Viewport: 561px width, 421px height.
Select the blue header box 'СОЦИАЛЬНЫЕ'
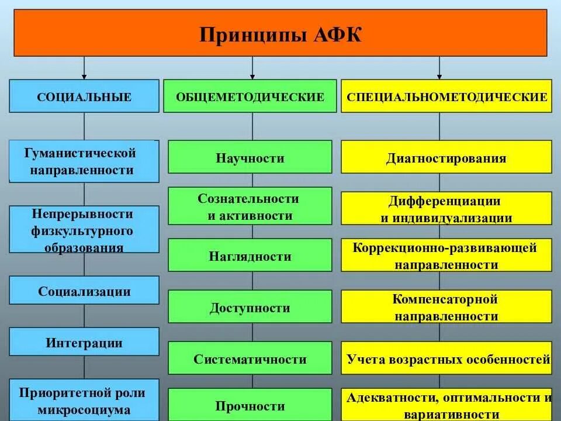(x=84, y=96)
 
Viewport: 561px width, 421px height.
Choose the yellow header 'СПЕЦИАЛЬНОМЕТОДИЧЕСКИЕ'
(x=446, y=96)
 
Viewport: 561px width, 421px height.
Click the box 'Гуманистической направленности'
(x=84, y=161)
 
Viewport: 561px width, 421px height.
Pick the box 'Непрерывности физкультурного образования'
(x=84, y=230)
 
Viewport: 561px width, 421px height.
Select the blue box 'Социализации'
(x=84, y=291)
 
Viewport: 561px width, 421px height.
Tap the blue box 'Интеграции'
(x=84, y=342)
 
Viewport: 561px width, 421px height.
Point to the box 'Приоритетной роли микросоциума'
(x=84, y=401)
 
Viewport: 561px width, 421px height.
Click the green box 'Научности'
(x=250, y=157)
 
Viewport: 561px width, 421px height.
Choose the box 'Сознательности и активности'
(x=250, y=206)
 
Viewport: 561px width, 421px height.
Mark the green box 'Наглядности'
(x=250, y=256)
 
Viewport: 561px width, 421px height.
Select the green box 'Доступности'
(x=250, y=307)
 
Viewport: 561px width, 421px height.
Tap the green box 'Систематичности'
(x=250, y=358)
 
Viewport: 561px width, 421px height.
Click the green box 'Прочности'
(x=250, y=405)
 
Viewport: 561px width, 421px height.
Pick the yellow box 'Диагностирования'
(x=446, y=157)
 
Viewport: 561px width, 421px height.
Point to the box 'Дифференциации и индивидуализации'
(x=446, y=209)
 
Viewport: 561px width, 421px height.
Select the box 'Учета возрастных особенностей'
(x=446, y=358)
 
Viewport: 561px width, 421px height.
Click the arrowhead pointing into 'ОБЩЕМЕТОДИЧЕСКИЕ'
(x=252, y=76)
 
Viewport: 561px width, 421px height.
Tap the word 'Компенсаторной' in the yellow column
(x=445, y=299)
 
